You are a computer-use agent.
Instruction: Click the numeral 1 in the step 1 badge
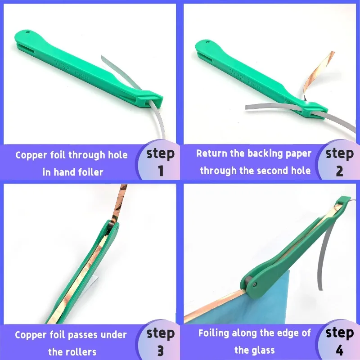(161, 171)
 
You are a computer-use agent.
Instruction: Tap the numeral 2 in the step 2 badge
(340, 171)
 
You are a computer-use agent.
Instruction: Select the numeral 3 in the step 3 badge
(161, 350)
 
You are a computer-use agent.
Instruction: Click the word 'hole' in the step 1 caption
(118, 155)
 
